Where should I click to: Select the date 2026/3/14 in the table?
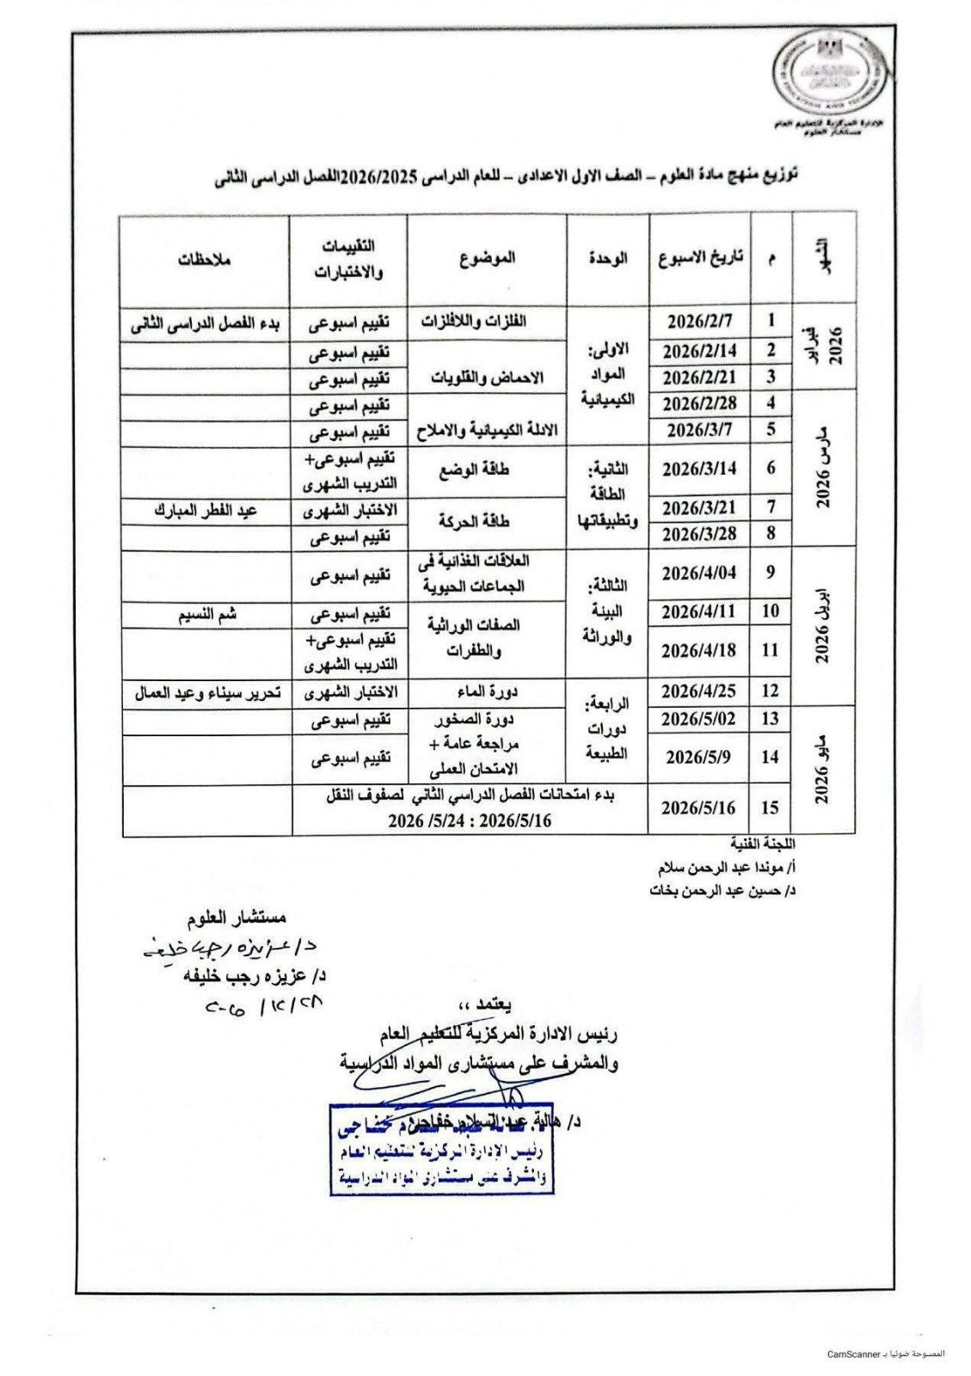(700, 470)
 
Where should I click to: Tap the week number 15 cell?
(771, 808)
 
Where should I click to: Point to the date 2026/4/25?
(700, 690)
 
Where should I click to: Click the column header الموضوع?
(487, 257)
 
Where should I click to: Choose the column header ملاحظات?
(206, 258)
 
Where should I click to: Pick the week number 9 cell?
(771, 572)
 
